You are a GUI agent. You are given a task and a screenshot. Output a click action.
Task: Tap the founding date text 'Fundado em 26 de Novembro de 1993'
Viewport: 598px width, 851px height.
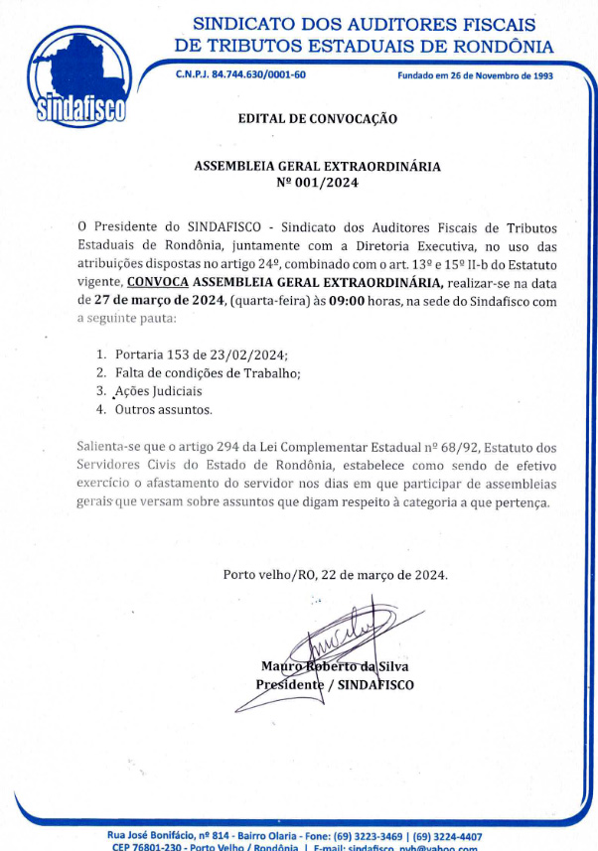click(475, 75)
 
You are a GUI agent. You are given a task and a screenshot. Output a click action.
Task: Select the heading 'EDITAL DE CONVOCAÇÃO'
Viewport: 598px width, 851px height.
click(318, 119)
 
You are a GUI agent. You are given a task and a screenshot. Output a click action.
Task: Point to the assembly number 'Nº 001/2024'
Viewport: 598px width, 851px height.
click(318, 183)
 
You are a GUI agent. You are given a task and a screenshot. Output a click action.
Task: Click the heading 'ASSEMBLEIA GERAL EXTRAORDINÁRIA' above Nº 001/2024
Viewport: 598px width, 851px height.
click(318, 167)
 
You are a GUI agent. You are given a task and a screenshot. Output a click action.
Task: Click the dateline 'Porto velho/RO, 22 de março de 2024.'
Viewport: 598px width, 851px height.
click(336, 574)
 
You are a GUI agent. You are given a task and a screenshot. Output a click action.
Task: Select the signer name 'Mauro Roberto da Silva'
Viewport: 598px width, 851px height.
click(335, 666)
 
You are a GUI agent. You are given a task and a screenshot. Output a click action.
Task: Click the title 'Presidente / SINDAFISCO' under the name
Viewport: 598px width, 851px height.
click(335, 684)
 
